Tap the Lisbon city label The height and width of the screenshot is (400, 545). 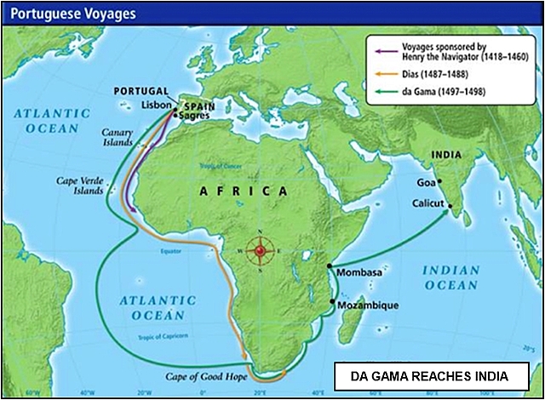tap(157, 105)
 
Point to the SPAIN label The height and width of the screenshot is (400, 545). tap(198, 101)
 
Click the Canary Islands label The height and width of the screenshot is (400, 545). tap(118, 138)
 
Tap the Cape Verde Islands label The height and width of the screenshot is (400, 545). tap(79, 186)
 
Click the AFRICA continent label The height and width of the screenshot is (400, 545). tap(243, 191)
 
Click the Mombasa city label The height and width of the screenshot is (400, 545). tap(360, 274)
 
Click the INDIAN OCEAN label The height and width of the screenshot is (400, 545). tap(450, 279)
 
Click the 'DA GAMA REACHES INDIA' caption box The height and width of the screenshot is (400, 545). tap(433, 375)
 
